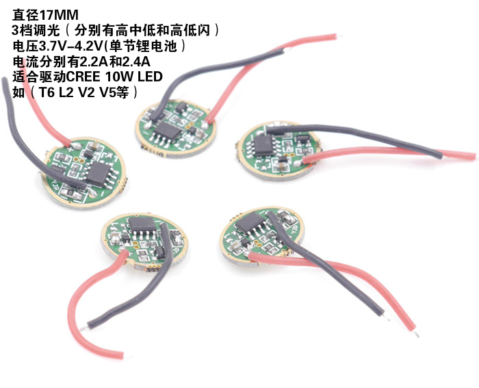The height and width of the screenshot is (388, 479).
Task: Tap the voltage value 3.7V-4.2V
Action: (74, 46)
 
